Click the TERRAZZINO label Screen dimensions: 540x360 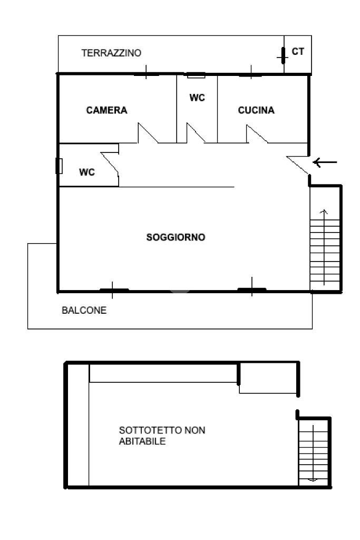111,53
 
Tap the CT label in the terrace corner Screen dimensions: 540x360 298,52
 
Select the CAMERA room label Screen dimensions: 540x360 106,110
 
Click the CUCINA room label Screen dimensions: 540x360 256,110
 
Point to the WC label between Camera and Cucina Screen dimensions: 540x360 197,98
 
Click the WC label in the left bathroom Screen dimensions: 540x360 87,172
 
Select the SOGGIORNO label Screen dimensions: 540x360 176,237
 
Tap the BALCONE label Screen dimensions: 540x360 84,310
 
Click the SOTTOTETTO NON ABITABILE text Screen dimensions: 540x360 162,436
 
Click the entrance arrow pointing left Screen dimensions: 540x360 325,162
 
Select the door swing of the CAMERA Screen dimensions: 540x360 148,133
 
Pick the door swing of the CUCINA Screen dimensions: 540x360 257,134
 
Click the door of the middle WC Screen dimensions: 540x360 196,133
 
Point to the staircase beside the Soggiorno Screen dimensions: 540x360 325,248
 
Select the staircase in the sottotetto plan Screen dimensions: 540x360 313,452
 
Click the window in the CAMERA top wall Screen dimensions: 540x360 146,74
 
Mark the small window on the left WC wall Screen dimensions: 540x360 59,166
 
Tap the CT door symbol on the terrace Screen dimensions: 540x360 283,54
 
